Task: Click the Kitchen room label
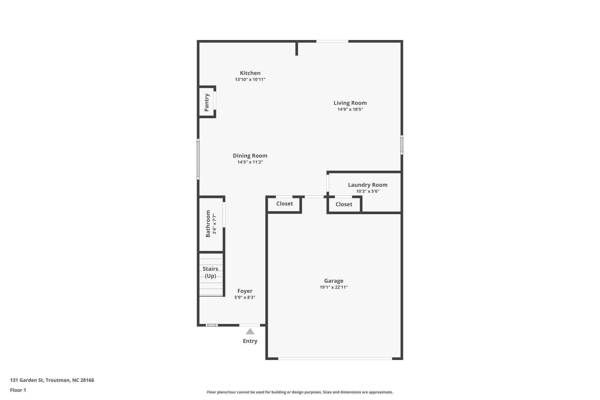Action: (x=250, y=73)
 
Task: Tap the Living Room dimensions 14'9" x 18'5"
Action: (x=350, y=109)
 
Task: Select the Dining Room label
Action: (x=250, y=156)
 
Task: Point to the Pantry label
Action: (x=207, y=102)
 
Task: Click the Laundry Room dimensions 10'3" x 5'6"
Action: (x=367, y=191)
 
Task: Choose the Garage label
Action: (x=333, y=281)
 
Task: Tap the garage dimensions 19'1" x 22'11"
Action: (x=333, y=287)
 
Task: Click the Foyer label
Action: (x=245, y=291)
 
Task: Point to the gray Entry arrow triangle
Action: (x=250, y=332)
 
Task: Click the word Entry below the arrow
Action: (x=250, y=341)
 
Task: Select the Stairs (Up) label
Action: (x=210, y=272)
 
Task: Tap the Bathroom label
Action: (x=208, y=224)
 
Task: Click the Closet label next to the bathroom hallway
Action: (x=284, y=204)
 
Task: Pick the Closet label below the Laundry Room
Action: (x=344, y=204)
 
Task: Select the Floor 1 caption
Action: (x=18, y=390)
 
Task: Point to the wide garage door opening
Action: (x=335, y=359)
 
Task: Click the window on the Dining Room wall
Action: (x=198, y=159)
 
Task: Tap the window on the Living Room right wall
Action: (x=402, y=145)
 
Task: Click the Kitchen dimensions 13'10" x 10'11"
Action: (x=250, y=80)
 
